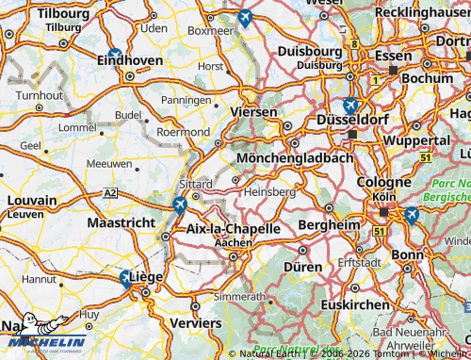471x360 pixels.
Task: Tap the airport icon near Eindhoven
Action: pos(114,55)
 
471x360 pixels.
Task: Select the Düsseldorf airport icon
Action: pos(350,106)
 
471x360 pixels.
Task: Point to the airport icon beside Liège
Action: pos(125,278)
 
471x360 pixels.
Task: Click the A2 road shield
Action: pos(112,192)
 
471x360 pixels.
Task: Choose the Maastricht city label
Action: pos(120,222)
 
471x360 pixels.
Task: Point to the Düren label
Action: pos(302,267)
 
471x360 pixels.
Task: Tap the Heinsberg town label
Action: pos(269,191)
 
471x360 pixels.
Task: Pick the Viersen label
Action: pos(256,111)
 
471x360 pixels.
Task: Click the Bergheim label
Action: pos(329,225)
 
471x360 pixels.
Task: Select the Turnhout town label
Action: pos(37,95)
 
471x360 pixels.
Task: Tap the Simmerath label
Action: pos(239,296)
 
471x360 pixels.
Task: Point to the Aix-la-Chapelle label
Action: pos(234,229)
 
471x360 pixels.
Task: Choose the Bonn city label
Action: pos(407,254)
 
